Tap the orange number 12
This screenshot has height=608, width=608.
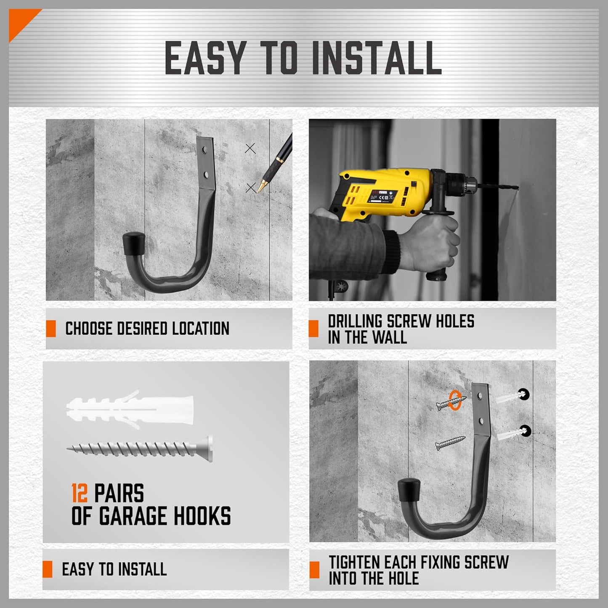79,494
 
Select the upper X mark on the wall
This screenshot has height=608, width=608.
250,148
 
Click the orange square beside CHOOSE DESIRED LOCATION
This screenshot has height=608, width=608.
51,329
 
